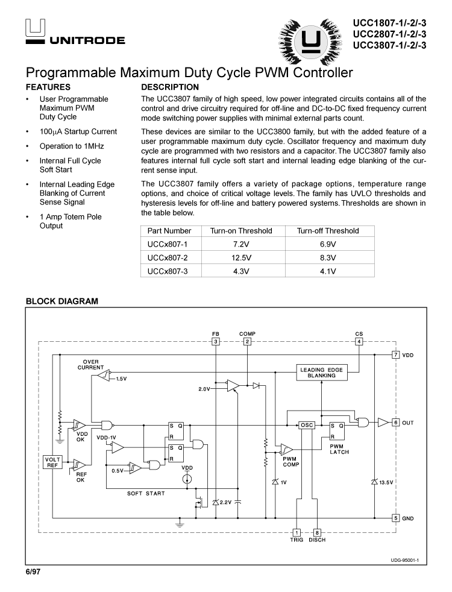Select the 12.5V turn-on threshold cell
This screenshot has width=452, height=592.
[x=241, y=257]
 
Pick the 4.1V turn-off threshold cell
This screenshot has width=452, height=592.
[x=328, y=271]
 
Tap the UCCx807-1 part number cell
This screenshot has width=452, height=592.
[x=168, y=244]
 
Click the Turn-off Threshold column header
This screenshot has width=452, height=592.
[x=328, y=231]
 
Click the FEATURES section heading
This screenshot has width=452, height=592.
[x=48, y=87]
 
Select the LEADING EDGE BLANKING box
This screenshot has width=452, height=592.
[x=321, y=373]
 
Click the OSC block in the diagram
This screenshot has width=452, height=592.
[x=307, y=425]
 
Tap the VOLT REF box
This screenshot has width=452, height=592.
[x=52, y=462]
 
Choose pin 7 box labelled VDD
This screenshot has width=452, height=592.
[x=395, y=355]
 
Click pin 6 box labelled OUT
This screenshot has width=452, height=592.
[x=395, y=423]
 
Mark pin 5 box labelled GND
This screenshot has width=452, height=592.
[x=395, y=518]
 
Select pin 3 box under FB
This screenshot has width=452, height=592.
[x=216, y=342]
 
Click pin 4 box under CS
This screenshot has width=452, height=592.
[x=359, y=342]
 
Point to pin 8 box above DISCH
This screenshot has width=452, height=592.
[x=317, y=532]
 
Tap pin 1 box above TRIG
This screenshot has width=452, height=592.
[x=297, y=532]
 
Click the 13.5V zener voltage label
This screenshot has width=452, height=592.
[x=386, y=482]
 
